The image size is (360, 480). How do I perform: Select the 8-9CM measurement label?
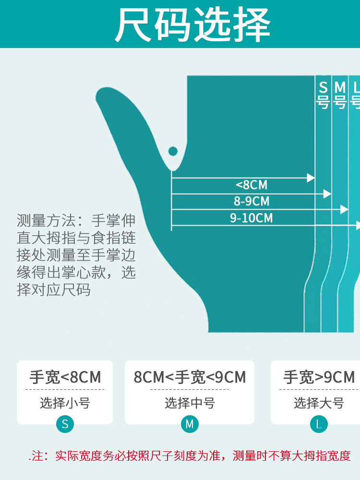point(252,201)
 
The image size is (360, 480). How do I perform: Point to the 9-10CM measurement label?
point(252,218)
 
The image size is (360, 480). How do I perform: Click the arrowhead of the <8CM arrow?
point(311,178)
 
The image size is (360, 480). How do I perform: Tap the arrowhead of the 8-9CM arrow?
point(327,194)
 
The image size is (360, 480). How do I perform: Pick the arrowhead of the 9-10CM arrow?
point(344,210)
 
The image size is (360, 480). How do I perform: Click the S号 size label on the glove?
point(323,95)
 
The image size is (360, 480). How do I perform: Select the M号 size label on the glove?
point(340,95)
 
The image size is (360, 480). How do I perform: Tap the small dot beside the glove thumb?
point(173,152)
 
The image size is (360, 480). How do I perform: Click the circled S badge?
point(65,424)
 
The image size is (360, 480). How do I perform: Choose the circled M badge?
point(190,424)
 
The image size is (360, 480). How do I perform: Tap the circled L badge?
point(319,424)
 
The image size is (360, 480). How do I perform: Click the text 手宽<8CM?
point(65,377)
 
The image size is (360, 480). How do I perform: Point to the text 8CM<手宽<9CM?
point(190,377)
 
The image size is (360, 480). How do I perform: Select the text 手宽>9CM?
point(319,377)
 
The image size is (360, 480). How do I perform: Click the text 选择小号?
point(65,403)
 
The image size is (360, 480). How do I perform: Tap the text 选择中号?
point(190,403)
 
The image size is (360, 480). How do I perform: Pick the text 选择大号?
point(319,403)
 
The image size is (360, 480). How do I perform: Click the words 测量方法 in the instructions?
point(46,221)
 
